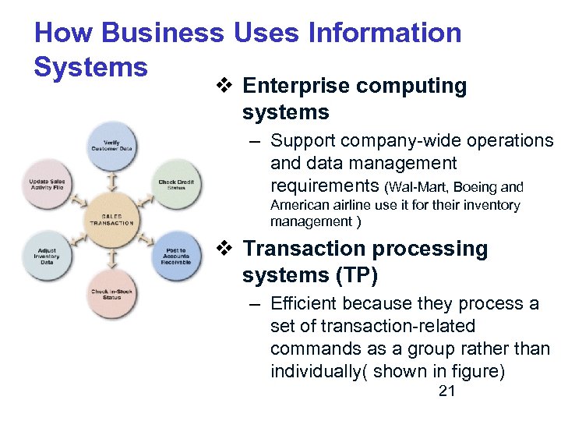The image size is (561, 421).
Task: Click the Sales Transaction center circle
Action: (111, 219)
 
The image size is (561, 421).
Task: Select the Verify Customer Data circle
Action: (111, 146)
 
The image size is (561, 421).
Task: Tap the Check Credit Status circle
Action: (176, 183)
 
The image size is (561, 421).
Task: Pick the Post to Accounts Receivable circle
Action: (176, 256)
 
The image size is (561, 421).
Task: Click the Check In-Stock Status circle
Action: (111, 293)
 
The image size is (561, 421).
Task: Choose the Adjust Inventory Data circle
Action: (47, 256)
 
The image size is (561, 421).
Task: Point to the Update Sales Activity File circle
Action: (47, 183)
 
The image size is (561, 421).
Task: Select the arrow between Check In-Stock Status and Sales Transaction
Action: (111, 256)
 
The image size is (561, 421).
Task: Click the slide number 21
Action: (446, 391)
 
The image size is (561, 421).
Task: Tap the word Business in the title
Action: (162, 34)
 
